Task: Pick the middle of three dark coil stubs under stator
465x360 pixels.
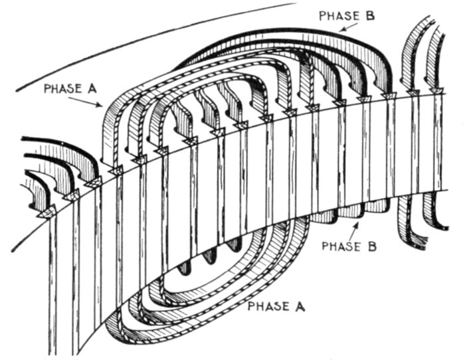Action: (212, 254)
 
